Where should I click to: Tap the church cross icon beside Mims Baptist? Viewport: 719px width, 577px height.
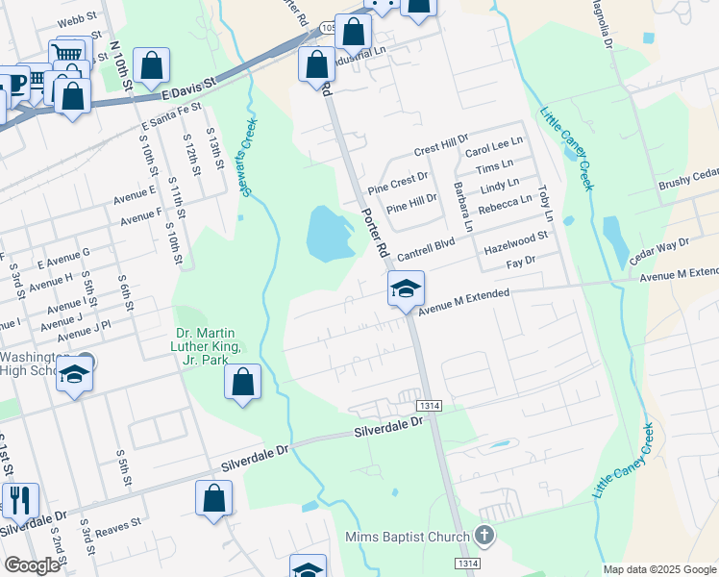[483, 535]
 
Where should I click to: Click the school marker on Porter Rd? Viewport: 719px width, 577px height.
[406, 288]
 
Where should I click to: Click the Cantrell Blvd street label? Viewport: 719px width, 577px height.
[425, 252]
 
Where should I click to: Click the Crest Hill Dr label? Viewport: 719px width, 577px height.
[440, 148]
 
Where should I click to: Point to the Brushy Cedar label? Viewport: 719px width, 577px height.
[688, 179]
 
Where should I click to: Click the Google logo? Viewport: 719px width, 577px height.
[32, 566]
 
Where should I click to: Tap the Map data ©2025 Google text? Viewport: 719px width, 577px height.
[659, 569]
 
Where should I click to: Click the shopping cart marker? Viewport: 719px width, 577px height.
[67, 55]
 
